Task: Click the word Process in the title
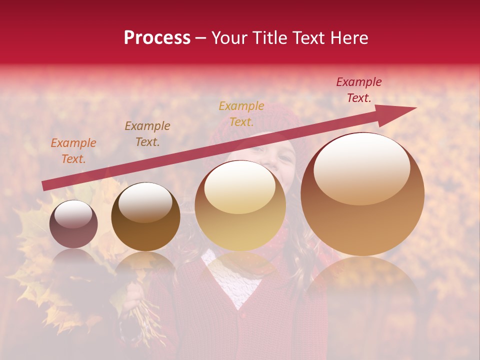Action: click(157, 38)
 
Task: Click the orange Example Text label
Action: click(73, 151)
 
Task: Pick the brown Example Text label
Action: click(147, 134)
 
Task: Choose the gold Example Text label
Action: click(241, 114)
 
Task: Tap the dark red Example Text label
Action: click(358, 90)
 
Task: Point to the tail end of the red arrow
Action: click(46, 186)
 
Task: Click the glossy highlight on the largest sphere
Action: click(362, 168)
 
